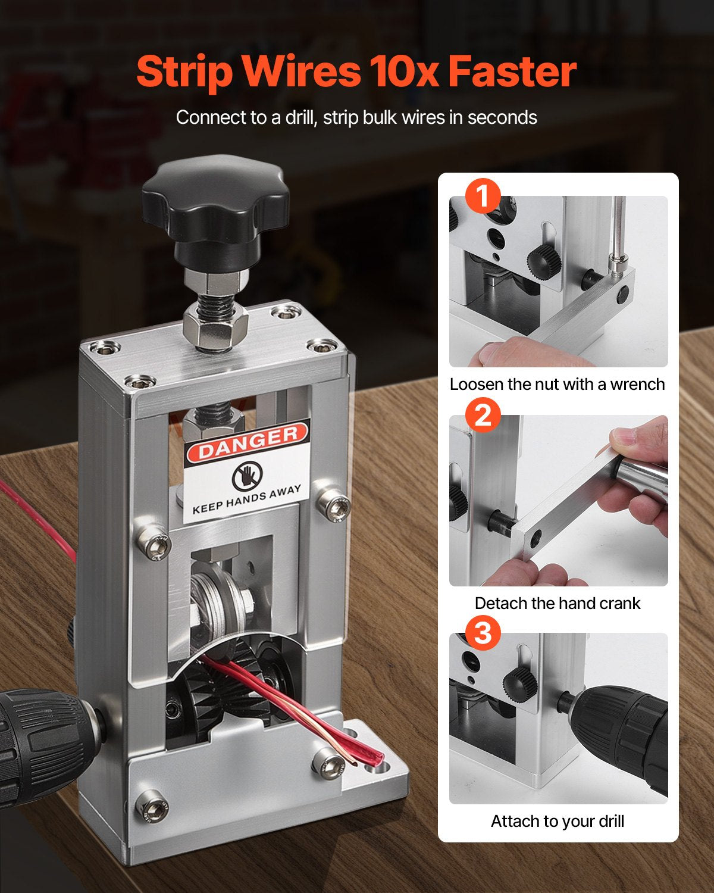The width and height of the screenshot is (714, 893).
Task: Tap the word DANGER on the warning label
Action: coord(248,442)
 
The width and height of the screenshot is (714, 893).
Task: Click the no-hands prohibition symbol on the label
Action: coord(244,476)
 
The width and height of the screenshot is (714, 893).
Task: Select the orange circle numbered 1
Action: coord(483,196)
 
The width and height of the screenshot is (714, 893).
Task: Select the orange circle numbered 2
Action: coord(483,414)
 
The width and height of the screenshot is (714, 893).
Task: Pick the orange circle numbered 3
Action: coord(483,633)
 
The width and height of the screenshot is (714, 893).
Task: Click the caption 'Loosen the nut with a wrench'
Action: coord(557,385)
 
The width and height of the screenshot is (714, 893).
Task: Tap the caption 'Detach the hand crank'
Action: coord(557,603)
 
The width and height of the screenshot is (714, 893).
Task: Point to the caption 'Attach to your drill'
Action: coord(557,822)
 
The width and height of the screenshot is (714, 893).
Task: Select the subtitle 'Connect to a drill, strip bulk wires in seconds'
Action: coord(356,117)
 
